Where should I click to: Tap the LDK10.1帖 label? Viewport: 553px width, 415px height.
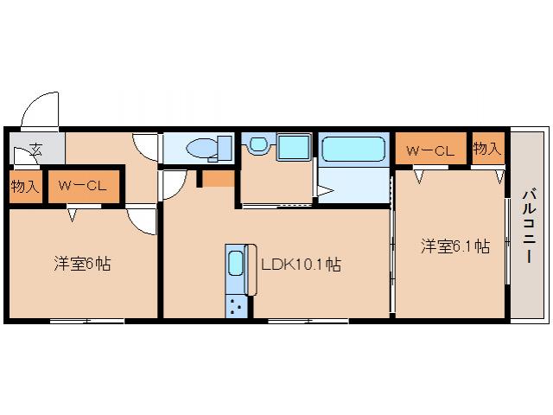click(300, 265)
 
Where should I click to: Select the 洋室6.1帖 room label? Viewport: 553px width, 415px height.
click(455, 246)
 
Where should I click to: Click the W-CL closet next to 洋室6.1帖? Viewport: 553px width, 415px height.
click(430, 150)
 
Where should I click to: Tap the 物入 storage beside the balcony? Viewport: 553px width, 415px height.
click(486, 149)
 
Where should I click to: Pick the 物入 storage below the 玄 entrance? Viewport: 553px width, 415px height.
click(24, 186)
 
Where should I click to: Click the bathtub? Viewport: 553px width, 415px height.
click(353, 150)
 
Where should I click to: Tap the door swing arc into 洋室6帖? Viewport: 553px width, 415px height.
click(140, 221)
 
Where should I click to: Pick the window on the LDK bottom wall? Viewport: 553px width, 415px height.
click(307, 321)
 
